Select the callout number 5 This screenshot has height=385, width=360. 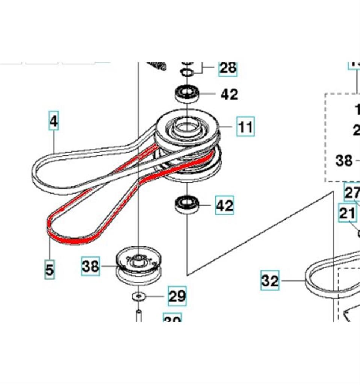pyautogui.click(x=49, y=269)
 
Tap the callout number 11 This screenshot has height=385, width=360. pyautogui.click(x=245, y=127)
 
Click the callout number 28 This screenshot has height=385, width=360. pyautogui.click(x=228, y=68)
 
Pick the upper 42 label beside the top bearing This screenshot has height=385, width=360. pyautogui.click(x=229, y=94)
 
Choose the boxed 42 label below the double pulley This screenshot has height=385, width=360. pyautogui.click(x=224, y=205)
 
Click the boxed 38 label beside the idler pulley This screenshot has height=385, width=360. pyautogui.click(x=91, y=266)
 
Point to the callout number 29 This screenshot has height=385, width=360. pyautogui.click(x=177, y=296)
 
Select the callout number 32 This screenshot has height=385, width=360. pyautogui.click(x=270, y=280)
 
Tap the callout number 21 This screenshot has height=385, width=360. pyautogui.click(x=347, y=213)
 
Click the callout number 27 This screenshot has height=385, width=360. pyautogui.click(x=352, y=193)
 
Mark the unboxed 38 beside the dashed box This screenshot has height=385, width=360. pyautogui.click(x=344, y=161)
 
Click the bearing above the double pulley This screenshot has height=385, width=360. pyautogui.click(x=186, y=93)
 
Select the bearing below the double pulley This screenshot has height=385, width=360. pyautogui.click(x=187, y=205)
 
